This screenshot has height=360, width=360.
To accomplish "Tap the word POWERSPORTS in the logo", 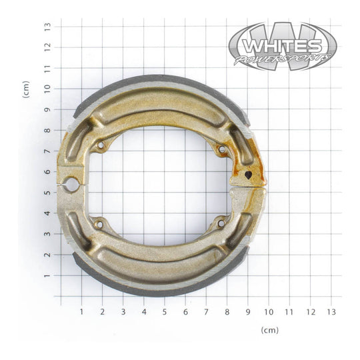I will point(283,60).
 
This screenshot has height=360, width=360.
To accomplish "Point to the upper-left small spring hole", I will point(101,145).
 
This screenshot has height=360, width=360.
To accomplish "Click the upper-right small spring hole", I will point(221,150).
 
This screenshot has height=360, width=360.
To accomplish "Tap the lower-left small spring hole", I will point(99,224).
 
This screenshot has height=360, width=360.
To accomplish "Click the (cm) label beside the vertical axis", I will point(26,89).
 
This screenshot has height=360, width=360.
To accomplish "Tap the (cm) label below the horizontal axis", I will point(270,330).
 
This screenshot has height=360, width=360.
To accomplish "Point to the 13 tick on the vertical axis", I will point(47,27).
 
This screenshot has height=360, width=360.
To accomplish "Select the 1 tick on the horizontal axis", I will point(82,311).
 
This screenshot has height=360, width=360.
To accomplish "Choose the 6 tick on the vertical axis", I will point(47,172).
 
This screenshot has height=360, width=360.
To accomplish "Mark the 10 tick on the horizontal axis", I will point(269,311).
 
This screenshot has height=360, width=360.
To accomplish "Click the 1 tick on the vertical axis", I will point(47,275).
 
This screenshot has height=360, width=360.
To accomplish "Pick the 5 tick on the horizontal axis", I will point(165,311).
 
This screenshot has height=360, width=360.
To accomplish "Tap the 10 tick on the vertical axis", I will point(47,89).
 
